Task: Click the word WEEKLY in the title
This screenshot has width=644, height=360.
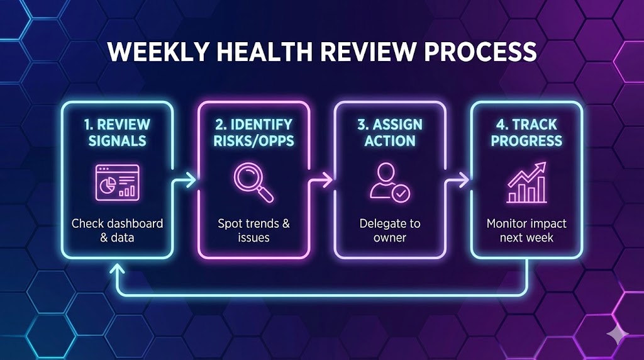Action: pos(146,52)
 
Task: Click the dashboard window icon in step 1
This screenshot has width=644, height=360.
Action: pos(117,182)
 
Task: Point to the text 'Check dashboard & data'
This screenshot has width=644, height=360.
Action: pos(117,230)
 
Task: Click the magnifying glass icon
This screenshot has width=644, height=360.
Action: pos(253,182)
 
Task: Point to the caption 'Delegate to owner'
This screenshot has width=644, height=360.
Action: pos(390,230)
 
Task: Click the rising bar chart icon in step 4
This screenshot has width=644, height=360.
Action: pos(526,183)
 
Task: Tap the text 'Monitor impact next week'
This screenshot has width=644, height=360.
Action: pos(526,230)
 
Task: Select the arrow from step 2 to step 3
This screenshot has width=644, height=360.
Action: pos(323,180)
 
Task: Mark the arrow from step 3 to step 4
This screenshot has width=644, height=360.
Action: pos(459,180)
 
